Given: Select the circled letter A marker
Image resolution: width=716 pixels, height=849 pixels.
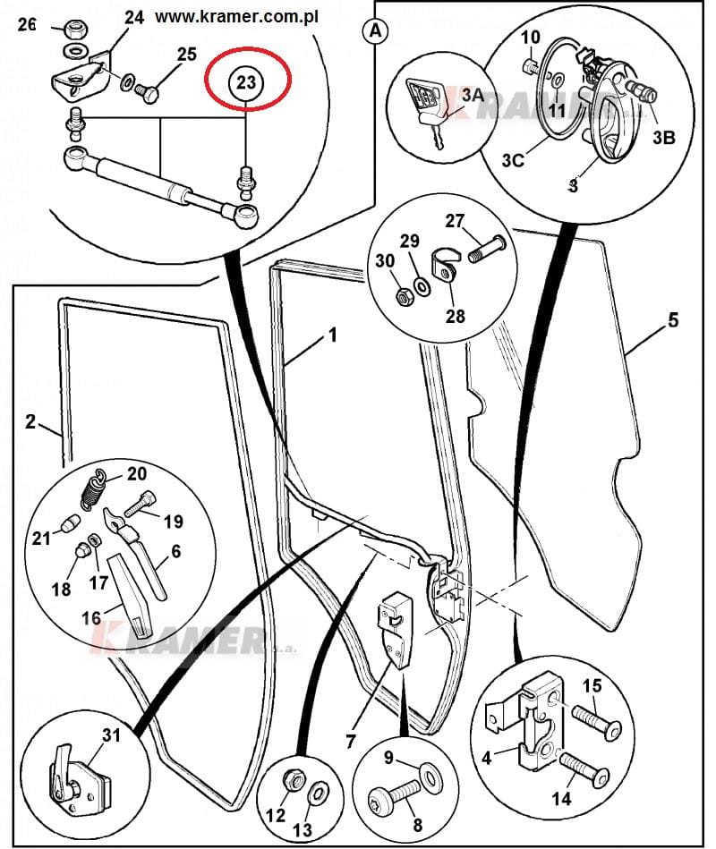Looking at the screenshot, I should pos(375,30).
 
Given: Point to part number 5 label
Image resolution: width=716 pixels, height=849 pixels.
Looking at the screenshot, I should pos(672,320).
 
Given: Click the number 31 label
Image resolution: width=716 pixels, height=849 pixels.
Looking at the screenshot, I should pos(110,735).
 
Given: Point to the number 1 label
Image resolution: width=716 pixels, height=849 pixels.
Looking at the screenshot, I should pos(332,337).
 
